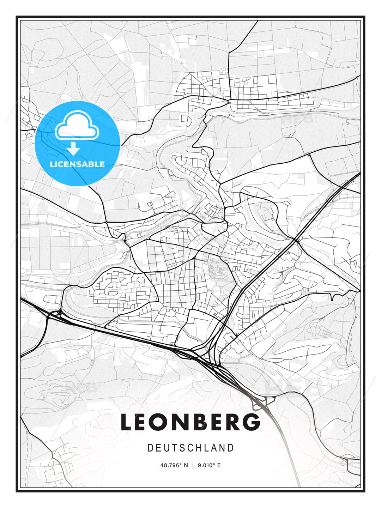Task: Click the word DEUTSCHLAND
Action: click(x=190, y=448)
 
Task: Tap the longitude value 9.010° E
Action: click(x=209, y=465)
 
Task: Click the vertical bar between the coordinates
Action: click(x=193, y=465)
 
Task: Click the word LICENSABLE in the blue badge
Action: click(x=77, y=164)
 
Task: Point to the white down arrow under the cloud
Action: click(x=73, y=149)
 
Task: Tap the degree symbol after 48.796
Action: click(x=181, y=464)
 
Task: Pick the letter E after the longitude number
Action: click(x=219, y=465)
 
